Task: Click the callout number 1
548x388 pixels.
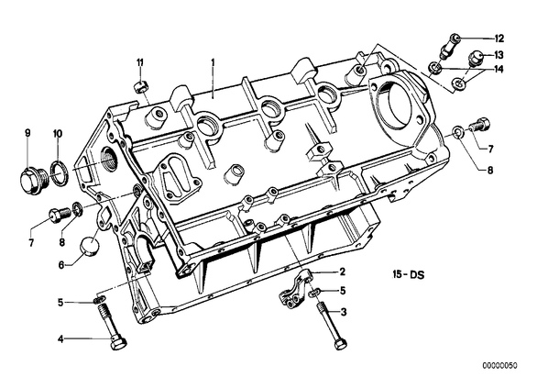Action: pos(213,62)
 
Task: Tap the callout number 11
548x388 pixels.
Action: pos(140,63)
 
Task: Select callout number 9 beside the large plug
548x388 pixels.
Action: pos(27,133)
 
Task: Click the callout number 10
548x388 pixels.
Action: pos(58,133)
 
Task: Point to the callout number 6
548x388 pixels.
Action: pos(61,265)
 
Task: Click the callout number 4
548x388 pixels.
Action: pos(61,339)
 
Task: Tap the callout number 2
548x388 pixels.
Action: pos(342,272)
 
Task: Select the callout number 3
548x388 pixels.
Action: pos(344,312)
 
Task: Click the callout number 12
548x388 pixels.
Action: pos(499,39)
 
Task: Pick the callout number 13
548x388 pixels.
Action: pos(499,55)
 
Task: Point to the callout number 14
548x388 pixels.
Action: pos(499,70)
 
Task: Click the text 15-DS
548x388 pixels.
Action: pos(408,274)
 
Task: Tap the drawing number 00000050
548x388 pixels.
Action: pos(499,366)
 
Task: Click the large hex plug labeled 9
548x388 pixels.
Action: pos(32,180)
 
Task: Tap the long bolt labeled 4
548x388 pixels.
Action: pos(112,326)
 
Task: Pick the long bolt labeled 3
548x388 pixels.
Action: pos(331,326)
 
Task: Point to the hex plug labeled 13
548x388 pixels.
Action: pos(475,59)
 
